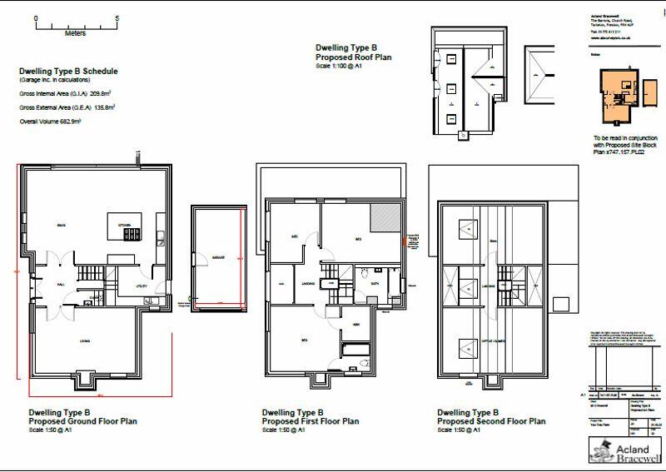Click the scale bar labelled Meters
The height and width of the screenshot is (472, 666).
click(x=77, y=24)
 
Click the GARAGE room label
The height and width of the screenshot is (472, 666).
click(x=218, y=258)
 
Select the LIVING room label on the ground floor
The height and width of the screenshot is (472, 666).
click(x=85, y=340)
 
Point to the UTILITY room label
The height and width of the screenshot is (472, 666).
click(x=141, y=287)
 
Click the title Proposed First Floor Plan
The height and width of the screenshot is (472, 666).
click(x=311, y=421)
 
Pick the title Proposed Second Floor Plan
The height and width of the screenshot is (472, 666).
click(x=490, y=421)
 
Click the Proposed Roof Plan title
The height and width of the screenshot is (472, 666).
click(x=353, y=57)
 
